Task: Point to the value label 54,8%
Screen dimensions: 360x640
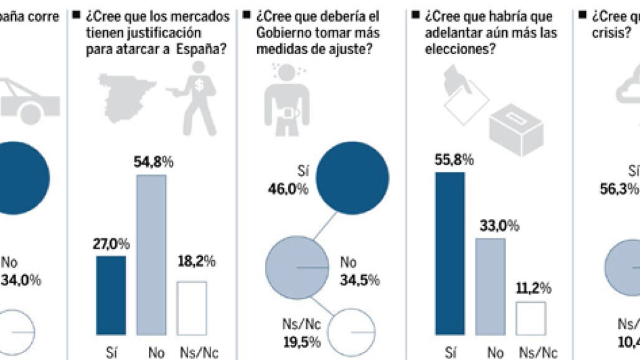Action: [153, 163]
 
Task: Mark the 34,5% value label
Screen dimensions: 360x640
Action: [359, 280]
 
